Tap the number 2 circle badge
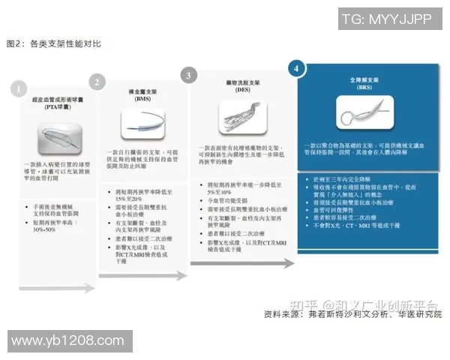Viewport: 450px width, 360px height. coord(97,81)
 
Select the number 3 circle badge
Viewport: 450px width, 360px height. coord(190,75)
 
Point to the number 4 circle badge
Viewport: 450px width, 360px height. coord(298,67)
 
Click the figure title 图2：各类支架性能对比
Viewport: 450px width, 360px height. coord(52,44)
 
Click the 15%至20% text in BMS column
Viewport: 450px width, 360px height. coord(126,198)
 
